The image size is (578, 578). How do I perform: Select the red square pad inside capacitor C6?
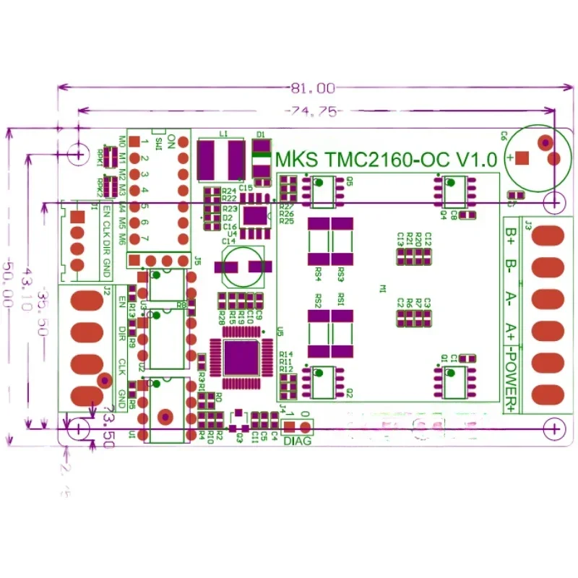tap(523, 158)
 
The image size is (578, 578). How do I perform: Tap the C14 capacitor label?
tap(228, 241)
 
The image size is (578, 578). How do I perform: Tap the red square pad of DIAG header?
tap(289, 426)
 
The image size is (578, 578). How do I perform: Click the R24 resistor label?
tap(230, 191)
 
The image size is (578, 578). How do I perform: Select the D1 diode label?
tap(260, 135)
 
